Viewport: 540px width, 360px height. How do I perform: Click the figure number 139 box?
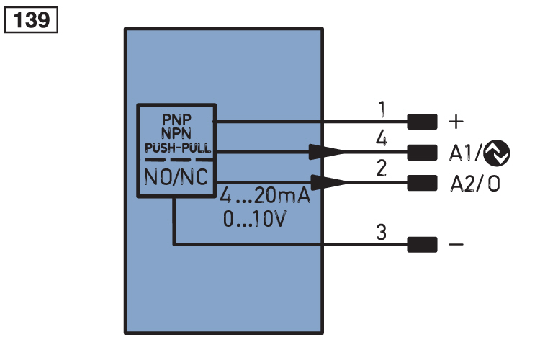[x=32, y=20]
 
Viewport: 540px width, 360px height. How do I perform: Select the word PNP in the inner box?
[x=176, y=120]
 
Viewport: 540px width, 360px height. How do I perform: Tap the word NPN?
[x=176, y=133]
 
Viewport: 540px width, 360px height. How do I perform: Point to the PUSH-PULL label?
[x=178, y=148]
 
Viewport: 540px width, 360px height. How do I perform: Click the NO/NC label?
[x=176, y=177]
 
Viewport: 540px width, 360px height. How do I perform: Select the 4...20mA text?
[x=265, y=196]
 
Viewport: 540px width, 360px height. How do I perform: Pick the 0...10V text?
[x=254, y=219]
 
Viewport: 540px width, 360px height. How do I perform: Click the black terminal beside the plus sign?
[x=422, y=122]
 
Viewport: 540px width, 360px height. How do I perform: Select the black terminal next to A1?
[x=422, y=152]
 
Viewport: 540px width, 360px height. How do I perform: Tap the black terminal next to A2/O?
[x=422, y=183]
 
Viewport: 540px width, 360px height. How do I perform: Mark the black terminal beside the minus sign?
[x=422, y=245]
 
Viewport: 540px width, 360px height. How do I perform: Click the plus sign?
[x=456, y=122]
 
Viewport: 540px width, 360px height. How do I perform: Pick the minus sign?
[x=456, y=245]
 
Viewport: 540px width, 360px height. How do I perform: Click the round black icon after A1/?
[x=497, y=153]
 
